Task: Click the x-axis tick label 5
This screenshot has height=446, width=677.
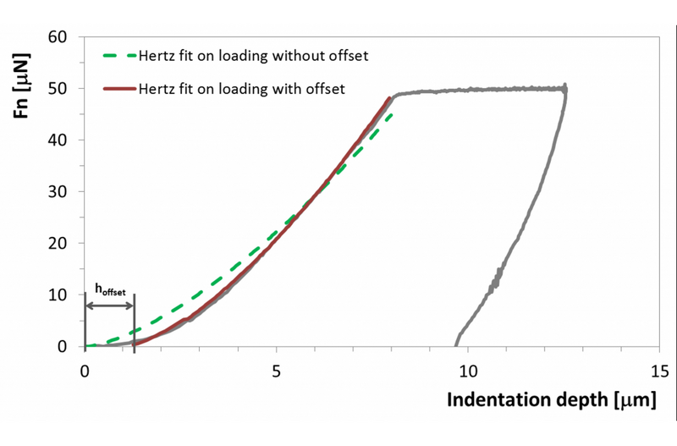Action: (x=277, y=371)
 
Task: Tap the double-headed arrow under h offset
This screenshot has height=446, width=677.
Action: (x=110, y=304)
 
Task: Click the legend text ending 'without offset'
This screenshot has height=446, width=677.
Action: (x=255, y=57)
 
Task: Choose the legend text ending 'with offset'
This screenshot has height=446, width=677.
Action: (x=241, y=88)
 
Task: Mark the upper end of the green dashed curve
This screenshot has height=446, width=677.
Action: (x=391, y=114)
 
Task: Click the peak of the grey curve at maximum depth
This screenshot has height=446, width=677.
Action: (x=564, y=86)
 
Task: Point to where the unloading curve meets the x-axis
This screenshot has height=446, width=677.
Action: (x=456, y=344)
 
